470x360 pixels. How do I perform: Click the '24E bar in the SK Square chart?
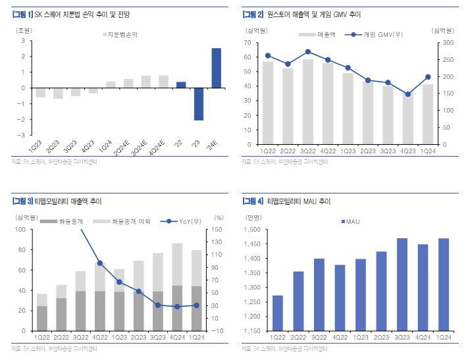tap(216, 68)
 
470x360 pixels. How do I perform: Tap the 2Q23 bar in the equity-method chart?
tap(58, 93)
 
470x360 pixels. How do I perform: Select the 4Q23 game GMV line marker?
tap(408, 94)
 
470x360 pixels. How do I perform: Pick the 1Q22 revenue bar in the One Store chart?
tap(268, 103)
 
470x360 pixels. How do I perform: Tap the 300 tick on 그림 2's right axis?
tap(445, 43)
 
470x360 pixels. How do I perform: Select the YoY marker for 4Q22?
tap(99, 263)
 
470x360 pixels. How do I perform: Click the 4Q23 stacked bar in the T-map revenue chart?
tap(178, 287)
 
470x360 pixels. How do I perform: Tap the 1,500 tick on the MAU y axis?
tap(253, 230)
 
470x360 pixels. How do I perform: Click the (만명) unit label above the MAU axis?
tap(253, 218)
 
